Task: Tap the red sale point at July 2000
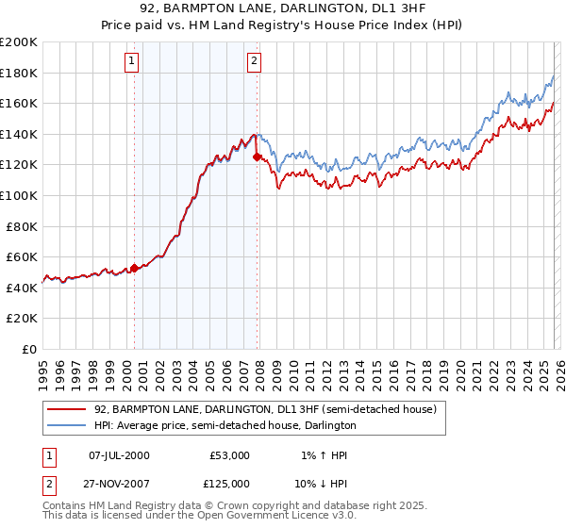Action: click(x=134, y=268)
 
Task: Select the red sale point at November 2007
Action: click(x=258, y=157)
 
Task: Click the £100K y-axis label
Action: click(x=19, y=195)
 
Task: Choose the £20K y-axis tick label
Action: click(x=22, y=319)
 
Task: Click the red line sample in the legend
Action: click(x=67, y=410)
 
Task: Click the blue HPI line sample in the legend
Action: click(x=67, y=426)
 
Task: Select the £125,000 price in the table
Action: click(x=229, y=484)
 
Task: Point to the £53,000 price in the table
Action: click(x=229, y=455)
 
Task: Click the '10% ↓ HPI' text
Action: click(x=320, y=484)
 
